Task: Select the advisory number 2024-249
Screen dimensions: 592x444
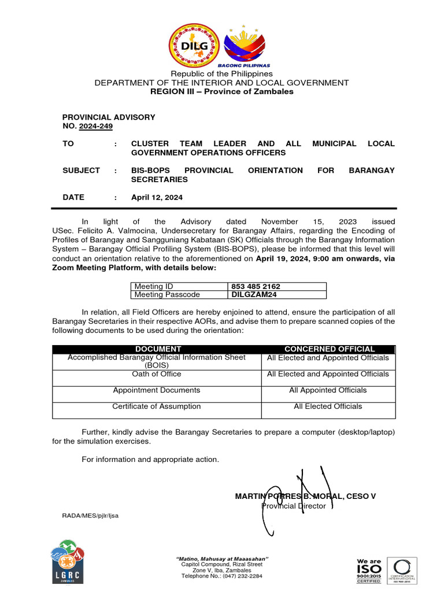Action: pyautogui.click(x=99, y=126)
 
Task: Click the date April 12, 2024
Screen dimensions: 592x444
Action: pyautogui.click(x=157, y=197)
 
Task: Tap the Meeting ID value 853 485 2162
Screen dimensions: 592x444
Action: pyautogui.click(x=257, y=286)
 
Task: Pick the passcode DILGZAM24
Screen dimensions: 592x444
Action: pyautogui.click(x=254, y=294)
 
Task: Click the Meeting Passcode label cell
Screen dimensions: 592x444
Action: pyautogui.click(x=167, y=294)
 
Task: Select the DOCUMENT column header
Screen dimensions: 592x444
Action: pyautogui.click(x=158, y=349)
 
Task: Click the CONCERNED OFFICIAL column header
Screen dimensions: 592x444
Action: pyautogui.click(x=329, y=349)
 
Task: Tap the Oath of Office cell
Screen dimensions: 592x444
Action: pyautogui.click(x=157, y=374)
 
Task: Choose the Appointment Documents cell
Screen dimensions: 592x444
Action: pyautogui.click(x=157, y=390)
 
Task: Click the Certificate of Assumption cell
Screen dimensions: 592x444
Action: pyautogui.click(x=157, y=406)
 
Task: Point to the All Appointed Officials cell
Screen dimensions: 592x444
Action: pyautogui.click(x=328, y=390)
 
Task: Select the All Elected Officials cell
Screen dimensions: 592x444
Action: pyautogui.click(x=328, y=406)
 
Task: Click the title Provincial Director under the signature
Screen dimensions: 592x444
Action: pyautogui.click(x=294, y=506)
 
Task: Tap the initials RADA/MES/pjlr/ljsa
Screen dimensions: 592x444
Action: pyautogui.click(x=90, y=515)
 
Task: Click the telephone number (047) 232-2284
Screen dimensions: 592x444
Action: pyautogui.click(x=222, y=576)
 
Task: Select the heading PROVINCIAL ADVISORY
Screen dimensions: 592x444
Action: pyautogui.click(x=109, y=117)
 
